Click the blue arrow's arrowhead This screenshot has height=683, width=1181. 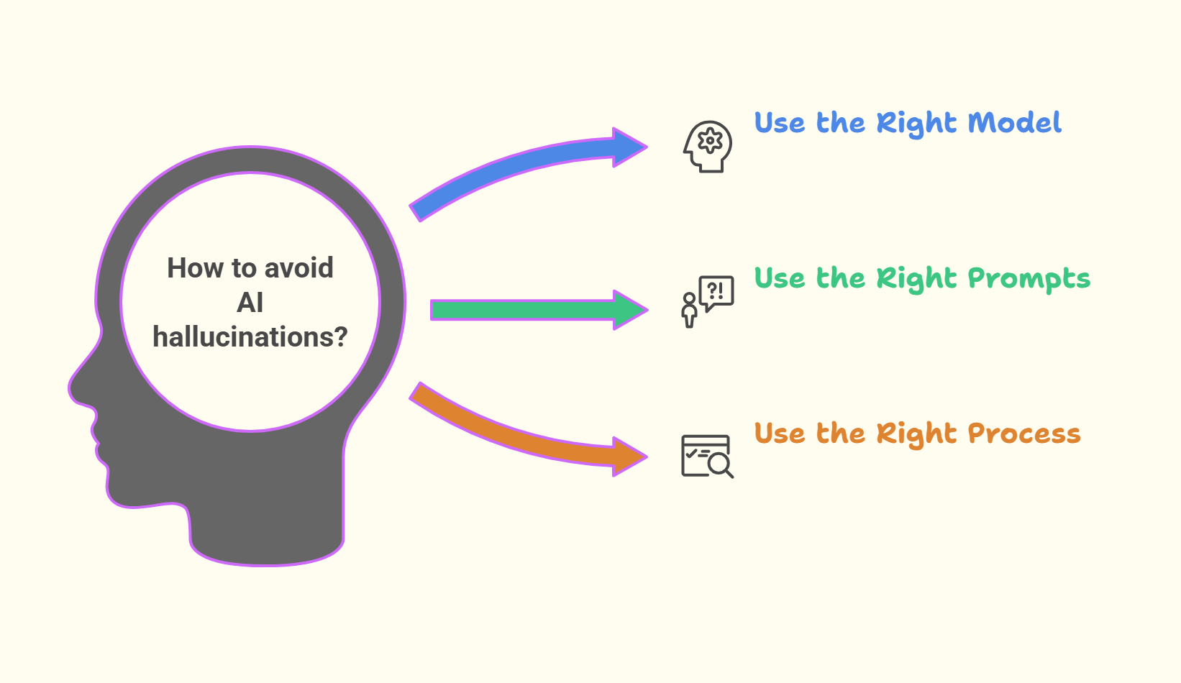tap(627, 147)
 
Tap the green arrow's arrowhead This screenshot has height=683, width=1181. tap(629, 310)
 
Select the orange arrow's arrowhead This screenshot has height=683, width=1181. tap(628, 457)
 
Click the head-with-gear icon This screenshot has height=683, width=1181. tap(708, 146)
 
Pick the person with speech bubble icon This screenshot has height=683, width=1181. tap(708, 301)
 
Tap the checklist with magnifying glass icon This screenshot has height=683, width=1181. tap(707, 456)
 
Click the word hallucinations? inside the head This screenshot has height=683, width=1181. tap(250, 336)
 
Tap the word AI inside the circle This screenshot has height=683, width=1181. tap(250, 303)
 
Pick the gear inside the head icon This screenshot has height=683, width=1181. tap(711, 141)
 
